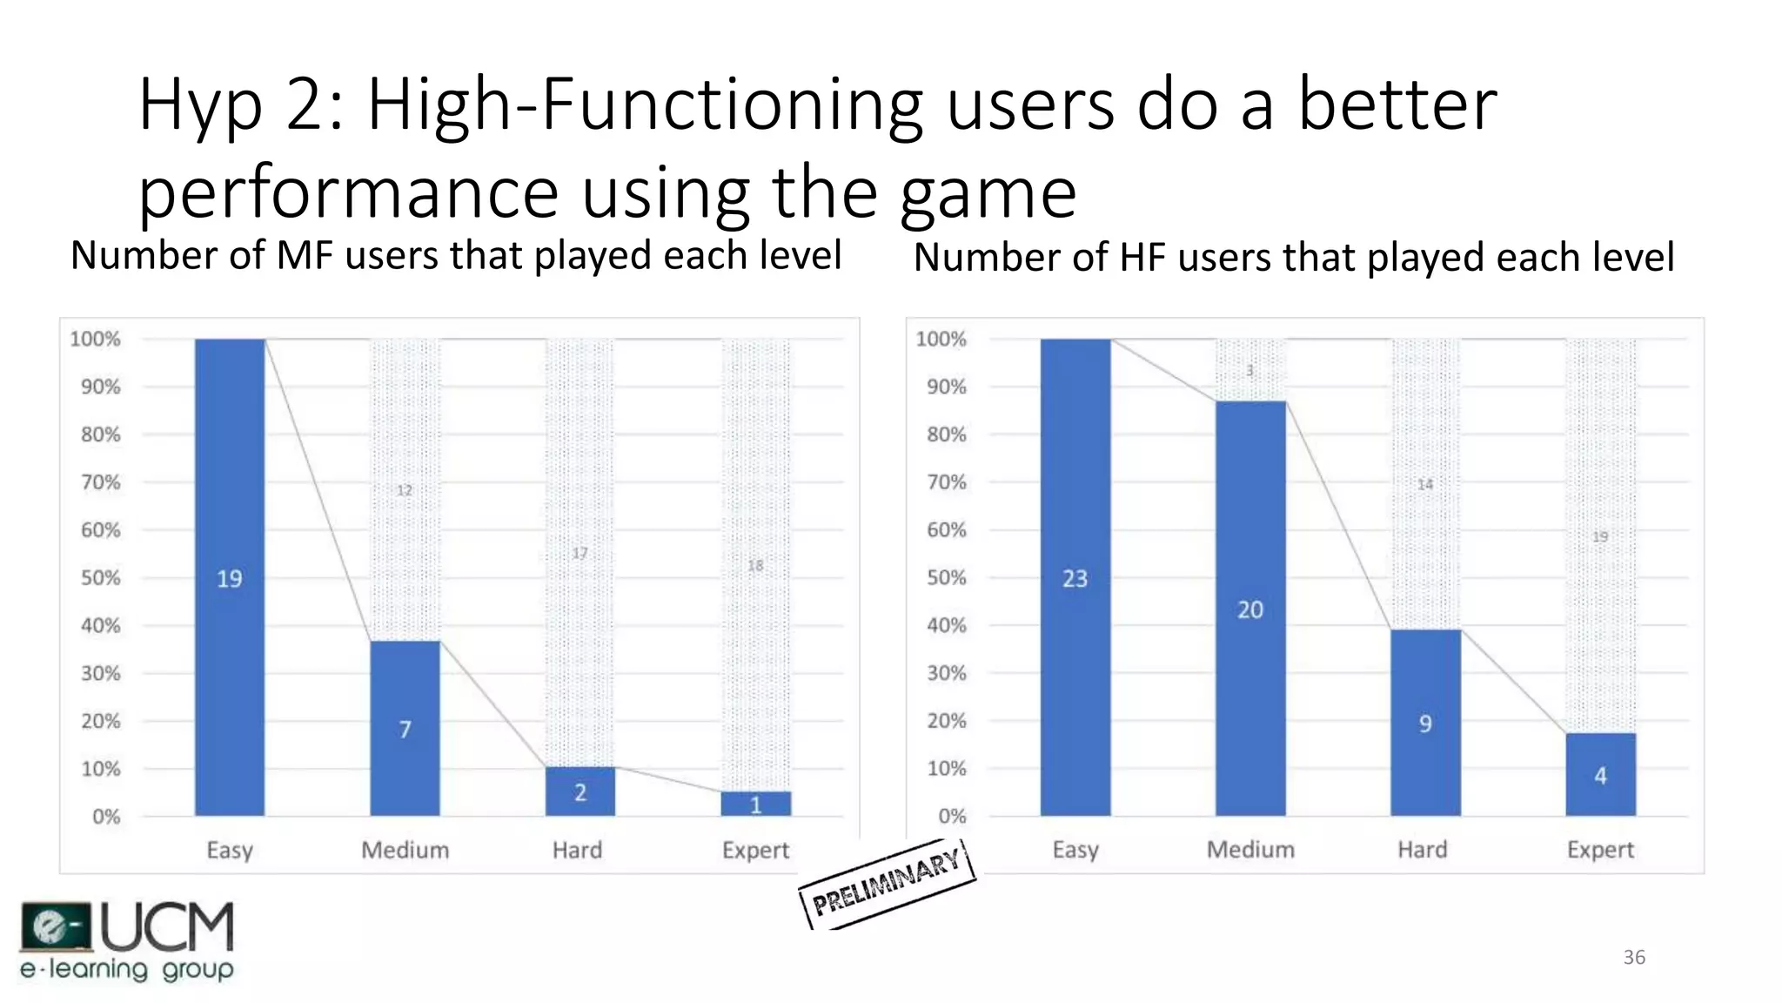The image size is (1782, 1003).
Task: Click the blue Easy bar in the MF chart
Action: (230, 576)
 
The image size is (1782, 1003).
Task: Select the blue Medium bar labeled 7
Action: (405, 728)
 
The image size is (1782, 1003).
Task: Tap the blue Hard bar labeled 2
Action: (579, 791)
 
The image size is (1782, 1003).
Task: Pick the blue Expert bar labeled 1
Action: (755, 804)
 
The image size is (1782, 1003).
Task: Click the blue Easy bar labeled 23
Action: (1075, 576)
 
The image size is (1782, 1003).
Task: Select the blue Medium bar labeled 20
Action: (1250, 608)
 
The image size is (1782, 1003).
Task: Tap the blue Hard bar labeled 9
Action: (1425, 722)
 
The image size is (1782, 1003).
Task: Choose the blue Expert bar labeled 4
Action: (1600, 774)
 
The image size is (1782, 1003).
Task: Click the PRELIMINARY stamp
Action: (886, 883)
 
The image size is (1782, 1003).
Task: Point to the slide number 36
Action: (1634, 958)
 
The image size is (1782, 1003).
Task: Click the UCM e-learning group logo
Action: (127, 941)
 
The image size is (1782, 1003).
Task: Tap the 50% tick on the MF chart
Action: (100, 578)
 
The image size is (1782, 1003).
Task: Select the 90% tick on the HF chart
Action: (946, 387)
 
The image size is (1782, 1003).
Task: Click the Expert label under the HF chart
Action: (1600, 849)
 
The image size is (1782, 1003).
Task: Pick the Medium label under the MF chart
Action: (405, 850)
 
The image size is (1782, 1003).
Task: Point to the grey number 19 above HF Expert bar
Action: (1600, 536)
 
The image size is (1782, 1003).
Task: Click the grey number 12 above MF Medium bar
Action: (405, 490)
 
